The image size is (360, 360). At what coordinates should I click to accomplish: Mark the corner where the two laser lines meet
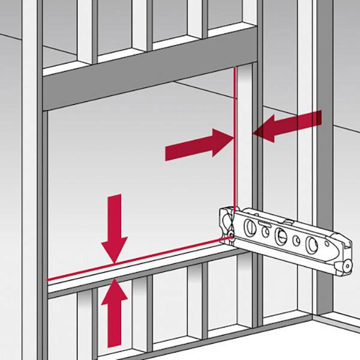tap(235, 238)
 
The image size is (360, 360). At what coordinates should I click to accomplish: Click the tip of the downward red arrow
tap(114, 262)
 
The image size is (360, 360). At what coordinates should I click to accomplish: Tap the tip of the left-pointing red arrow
tap(253, 133)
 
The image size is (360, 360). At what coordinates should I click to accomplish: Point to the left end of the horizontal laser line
tap(48, 279)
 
